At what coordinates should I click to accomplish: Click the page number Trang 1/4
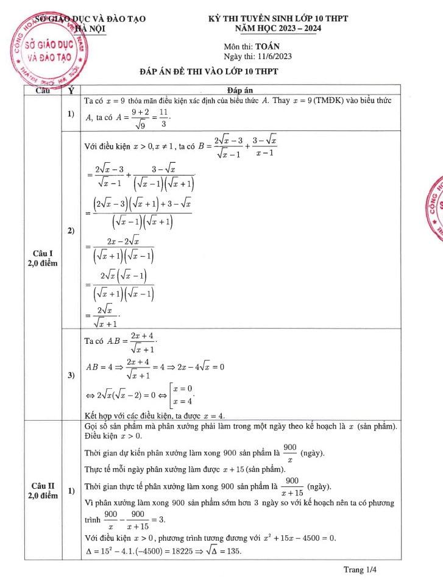361,570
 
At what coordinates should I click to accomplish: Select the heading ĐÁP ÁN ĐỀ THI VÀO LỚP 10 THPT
208,72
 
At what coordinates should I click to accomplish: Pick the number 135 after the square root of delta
232,550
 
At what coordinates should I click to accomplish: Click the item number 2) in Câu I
71,230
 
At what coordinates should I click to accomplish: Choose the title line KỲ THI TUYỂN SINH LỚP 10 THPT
277,18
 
